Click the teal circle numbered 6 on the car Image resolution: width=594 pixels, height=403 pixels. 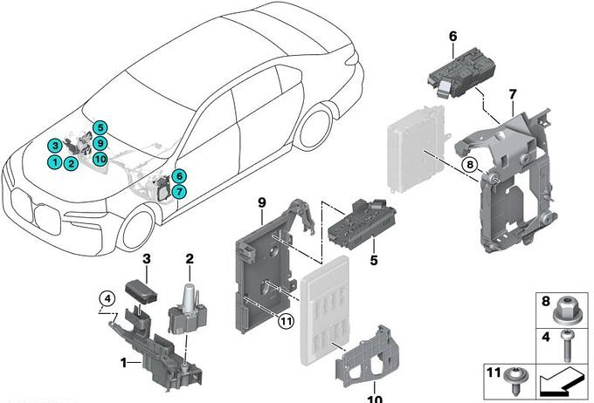tap(178, 175)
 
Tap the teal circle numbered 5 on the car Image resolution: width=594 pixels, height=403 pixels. tap(101, 128)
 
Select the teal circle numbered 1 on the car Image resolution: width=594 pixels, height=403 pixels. tap(54, 161)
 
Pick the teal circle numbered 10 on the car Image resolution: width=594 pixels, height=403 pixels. tap(100, 159)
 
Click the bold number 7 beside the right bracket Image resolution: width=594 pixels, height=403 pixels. tap(513, 92)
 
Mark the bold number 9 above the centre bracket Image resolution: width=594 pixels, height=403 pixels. tap(261, 202)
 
